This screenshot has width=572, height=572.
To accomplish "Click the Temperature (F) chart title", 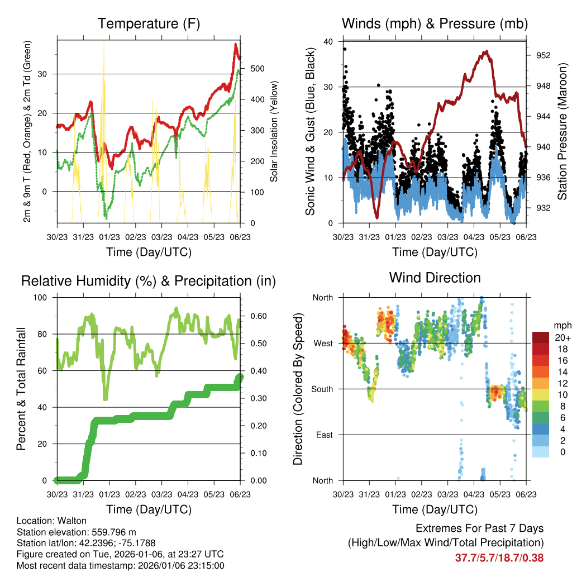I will pyautogui.click(x=148, y=24).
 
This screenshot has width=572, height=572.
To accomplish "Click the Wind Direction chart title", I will pyautogui.click(x=435, y=278).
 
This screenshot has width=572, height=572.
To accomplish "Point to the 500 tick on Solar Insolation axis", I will pyautogui.click(x=258, y=68).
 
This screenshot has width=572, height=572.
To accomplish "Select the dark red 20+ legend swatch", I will pyautogui.click(x=541, y=337).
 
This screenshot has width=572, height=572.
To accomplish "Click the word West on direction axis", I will pyautogui.click(x=322, y=343).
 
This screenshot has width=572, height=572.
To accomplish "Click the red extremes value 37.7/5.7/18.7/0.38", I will pyautogui.click(x=499, y=557).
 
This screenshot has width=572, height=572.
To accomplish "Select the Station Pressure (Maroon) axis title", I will pyautogui.click(x=563, y=132).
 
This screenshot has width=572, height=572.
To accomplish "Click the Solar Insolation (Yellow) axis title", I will pyautogui.click(x=274, y=132).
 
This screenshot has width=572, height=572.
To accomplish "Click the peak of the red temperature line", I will pyautogui.click(x=236, y=44).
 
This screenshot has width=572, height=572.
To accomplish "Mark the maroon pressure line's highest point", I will pyautogui.click(x=487, y=51).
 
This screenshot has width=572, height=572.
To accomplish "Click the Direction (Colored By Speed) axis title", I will pyautogui.click(x=298, y=388).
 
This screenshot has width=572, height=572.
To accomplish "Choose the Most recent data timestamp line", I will pyautogui.click(x=121, y=565).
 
